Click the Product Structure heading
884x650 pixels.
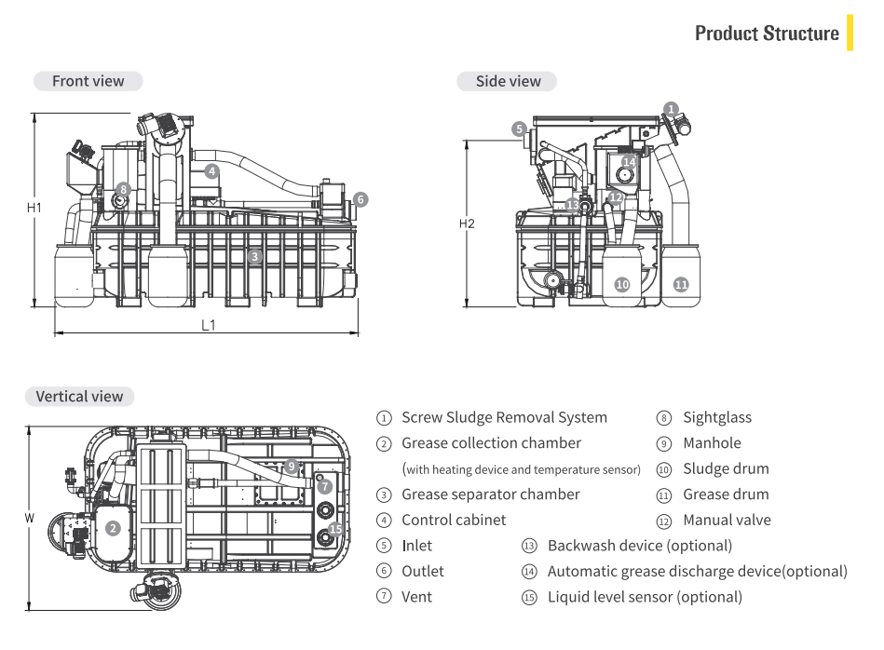[766, 34]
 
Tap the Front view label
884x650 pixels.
[88, 81]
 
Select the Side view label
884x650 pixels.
[508, 81]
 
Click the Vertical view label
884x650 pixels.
[79, 396]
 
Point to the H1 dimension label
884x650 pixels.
[34, 208]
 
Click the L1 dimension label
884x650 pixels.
[209, 325]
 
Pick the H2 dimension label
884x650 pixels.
[468, 223]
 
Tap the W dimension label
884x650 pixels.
[34, 516]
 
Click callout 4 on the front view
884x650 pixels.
[212, 170]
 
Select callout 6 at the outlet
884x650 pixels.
[360, 198]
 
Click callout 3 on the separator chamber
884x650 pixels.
[253, 254]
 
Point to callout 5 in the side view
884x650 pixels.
[518, 129]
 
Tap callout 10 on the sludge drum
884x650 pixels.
[621, 283]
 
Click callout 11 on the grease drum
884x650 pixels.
[681, 283]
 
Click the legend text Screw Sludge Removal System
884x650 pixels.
[503, 417]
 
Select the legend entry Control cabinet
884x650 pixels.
[454, 520]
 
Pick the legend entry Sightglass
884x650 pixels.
[716, 417]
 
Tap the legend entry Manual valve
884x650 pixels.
[727, 520]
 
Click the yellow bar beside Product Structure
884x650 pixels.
[850, 33]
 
